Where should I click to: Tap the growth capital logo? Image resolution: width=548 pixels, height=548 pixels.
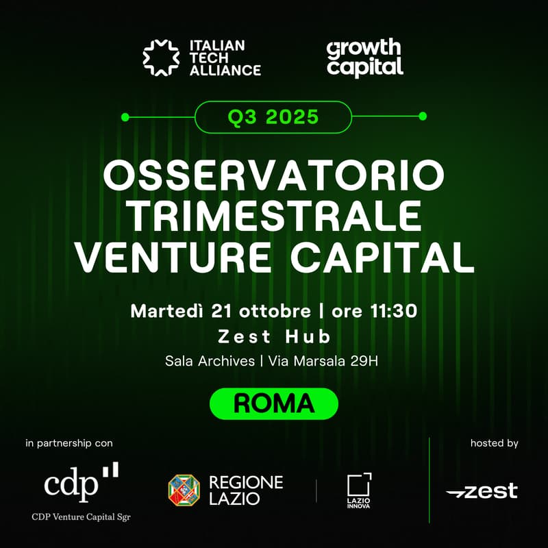[x=364, y=58]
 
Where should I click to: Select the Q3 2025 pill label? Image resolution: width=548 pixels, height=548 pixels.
[x=273, y=116]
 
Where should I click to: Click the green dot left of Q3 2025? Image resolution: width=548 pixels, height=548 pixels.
[x=125, y=116]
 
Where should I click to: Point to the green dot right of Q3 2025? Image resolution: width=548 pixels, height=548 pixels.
[x=423, y=116]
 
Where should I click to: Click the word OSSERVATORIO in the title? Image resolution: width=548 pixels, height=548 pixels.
[x=273, y=176]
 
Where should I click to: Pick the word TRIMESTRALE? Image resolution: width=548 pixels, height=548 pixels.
[x=274, y=216]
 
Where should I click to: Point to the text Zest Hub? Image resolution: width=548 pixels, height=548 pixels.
[x=273, y=336]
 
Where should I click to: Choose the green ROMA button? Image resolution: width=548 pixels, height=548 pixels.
[x=273, y=403]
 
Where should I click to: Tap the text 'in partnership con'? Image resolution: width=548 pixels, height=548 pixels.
[x=68, y=443]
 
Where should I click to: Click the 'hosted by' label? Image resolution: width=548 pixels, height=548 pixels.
[x=494, y=443]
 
